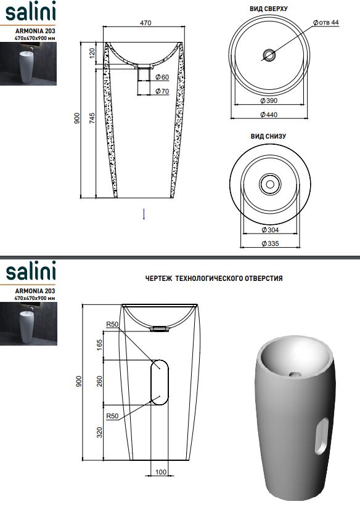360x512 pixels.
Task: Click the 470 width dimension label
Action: pyautogui.click(x=145, y=23)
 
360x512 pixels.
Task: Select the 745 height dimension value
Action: pyautogui.click(x=92, y=118)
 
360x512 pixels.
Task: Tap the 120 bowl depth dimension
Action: pyautogui.click(x=92, y=53)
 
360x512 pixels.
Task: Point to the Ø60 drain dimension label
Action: pyautogui.click(x=162, y=77)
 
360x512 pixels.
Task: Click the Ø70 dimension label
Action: pyautogui.click(x=162, y=91)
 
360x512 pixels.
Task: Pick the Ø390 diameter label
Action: pyautogui.click(x=269, y=100)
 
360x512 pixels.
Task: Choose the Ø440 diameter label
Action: pyautogui.click(x=269, y=115)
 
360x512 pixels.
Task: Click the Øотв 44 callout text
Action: pyautogui.click(x=325, y=23)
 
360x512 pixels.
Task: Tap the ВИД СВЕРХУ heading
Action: pyautogui.click(x=269, y=9)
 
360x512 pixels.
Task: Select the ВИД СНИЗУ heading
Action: pyautogui.click(x=268, y=136)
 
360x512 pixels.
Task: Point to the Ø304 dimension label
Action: pyautogui.click(x=270, y=230)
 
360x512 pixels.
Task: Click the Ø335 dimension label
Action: pyautogui.click(x=270, y=243)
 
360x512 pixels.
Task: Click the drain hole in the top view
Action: pyautogui.click(x=269, y=55)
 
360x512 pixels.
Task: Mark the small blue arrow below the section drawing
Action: pyautogui.click(x=144, y=214)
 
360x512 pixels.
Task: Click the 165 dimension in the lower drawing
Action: pyautogui.click(x=100, y=345)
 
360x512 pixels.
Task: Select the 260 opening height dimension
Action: pyautogui.click(x=100, y=381)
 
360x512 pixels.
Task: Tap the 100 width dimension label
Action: pyautogui.click(x=161, y=472)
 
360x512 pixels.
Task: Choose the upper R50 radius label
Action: pyautogui.click(x=112, y=325)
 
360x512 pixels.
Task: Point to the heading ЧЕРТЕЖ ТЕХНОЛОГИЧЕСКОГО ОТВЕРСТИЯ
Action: pyautogui.click(x=214, y=278)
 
